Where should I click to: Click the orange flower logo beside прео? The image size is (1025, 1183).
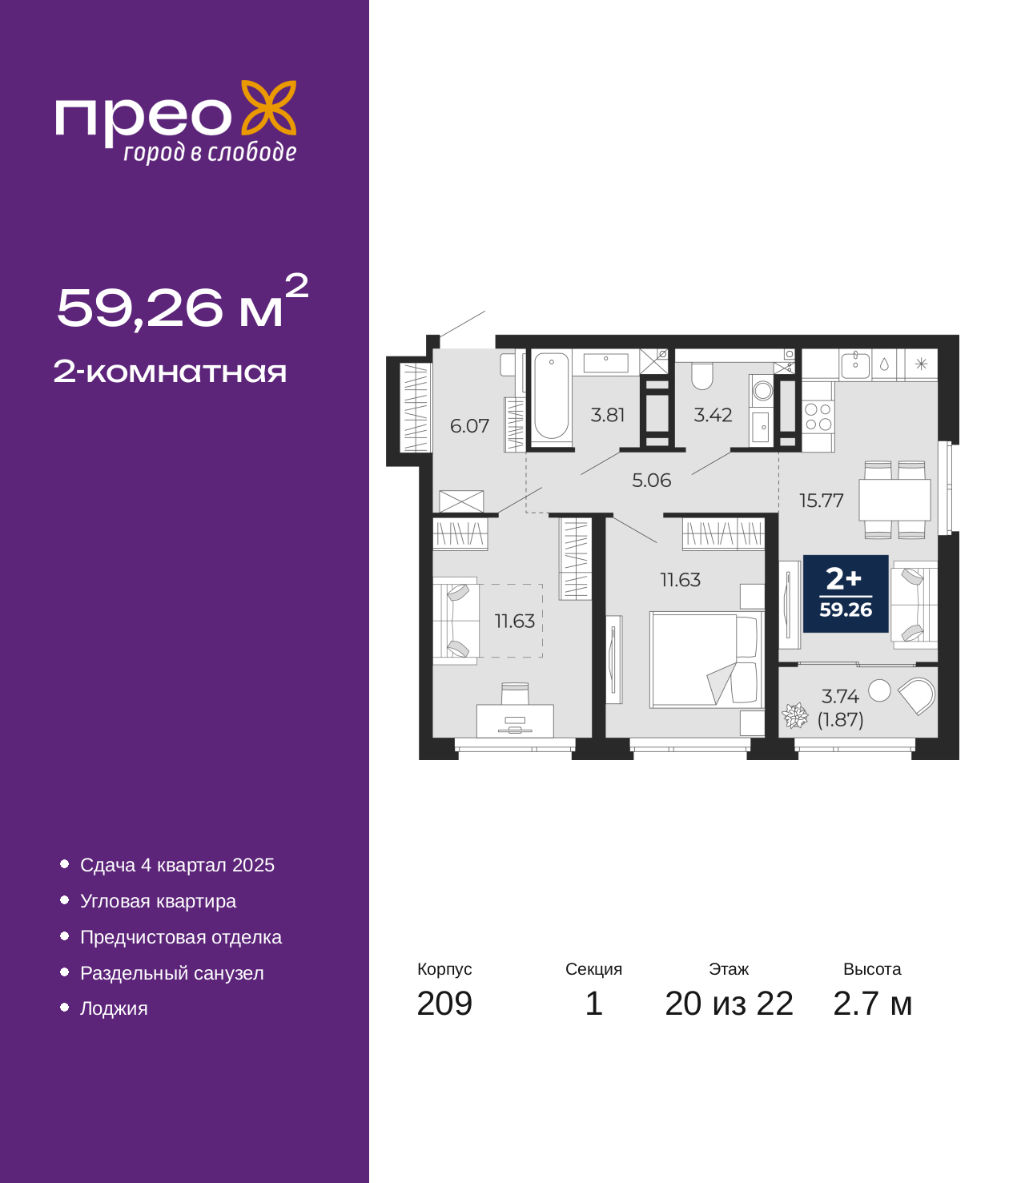(268, 108)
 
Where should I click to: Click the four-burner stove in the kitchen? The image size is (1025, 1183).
(818, 416)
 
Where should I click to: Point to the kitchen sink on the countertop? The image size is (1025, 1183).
(855, 364)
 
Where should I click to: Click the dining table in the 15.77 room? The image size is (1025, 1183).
(894, 500)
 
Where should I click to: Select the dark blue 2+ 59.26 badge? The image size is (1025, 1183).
(846, 594)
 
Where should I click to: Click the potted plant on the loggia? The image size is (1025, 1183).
(795, 715)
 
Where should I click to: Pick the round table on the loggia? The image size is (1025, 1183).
(879, 690)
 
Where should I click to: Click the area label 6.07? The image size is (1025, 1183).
(469, 426)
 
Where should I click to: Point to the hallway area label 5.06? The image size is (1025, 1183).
(651, 481)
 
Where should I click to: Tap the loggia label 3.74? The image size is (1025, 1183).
(840, 697)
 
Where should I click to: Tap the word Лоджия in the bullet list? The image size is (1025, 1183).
(114, 1008)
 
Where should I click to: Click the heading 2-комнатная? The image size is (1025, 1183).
(170, 372)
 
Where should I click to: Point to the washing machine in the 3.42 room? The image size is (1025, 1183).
(762, 391)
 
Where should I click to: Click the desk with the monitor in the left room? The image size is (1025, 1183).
(515, 721)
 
